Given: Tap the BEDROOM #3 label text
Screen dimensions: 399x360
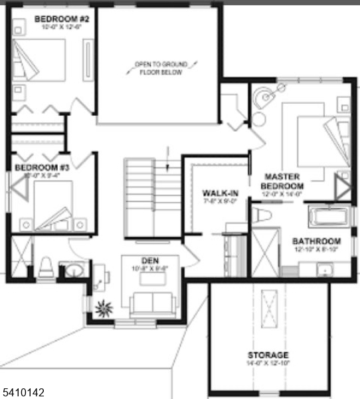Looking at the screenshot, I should tap(37, 168).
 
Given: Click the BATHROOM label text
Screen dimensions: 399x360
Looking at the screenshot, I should tap(317, 241).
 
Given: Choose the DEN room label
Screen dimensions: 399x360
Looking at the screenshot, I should tap(149, 260).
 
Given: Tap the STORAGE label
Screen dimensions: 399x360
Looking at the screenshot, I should tap(268, 355).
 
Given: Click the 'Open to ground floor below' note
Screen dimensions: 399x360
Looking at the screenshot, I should tap(161, 68).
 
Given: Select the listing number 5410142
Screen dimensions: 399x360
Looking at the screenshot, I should tap(23, 392).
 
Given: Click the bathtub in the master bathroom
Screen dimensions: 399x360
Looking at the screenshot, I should tap(330, 215).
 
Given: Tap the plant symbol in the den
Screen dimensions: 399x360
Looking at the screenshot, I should tap(104, 309).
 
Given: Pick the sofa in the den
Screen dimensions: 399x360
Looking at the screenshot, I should tap(153, 303).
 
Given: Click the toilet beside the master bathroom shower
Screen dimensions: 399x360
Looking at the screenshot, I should tap(262, 213).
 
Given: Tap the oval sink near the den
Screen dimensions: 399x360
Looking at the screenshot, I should tap(72, 271).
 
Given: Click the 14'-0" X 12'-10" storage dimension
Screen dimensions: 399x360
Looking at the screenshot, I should tap(268, 364).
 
